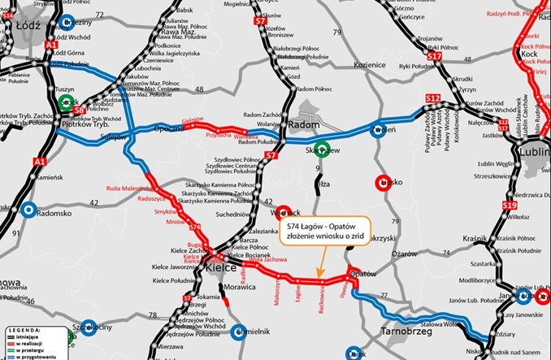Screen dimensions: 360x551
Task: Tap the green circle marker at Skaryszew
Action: click(x=322, y=149)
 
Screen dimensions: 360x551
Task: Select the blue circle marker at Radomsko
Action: click(x=29, y=210)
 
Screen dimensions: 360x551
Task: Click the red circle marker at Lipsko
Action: click(x=384, y=183)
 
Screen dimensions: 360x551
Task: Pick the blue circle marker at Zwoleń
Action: click(x=377, y=132)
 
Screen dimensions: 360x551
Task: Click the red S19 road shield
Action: click(x=510, y=206)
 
